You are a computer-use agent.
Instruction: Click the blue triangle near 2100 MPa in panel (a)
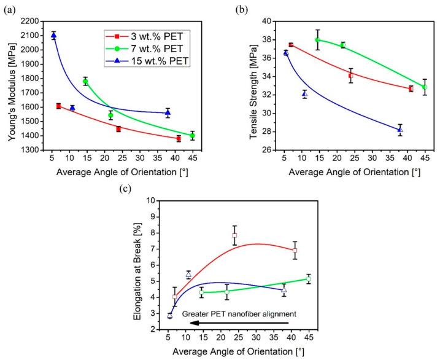click(53, 36)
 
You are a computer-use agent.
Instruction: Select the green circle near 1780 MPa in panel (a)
click(85, 81)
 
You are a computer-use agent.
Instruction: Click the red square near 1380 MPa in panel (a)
click(179, 138)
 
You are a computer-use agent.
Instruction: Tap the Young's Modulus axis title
click(12, 92)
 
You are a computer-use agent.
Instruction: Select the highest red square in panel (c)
click(234, 235)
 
